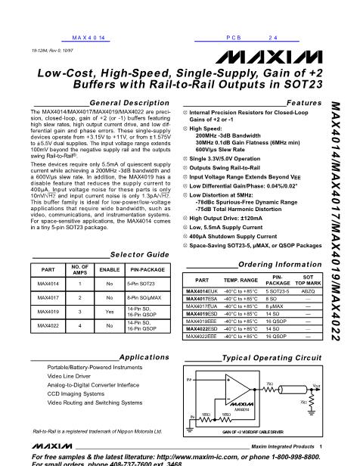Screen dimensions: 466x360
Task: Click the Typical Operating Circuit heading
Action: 276,356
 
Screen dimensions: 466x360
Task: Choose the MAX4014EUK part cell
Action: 203,290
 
